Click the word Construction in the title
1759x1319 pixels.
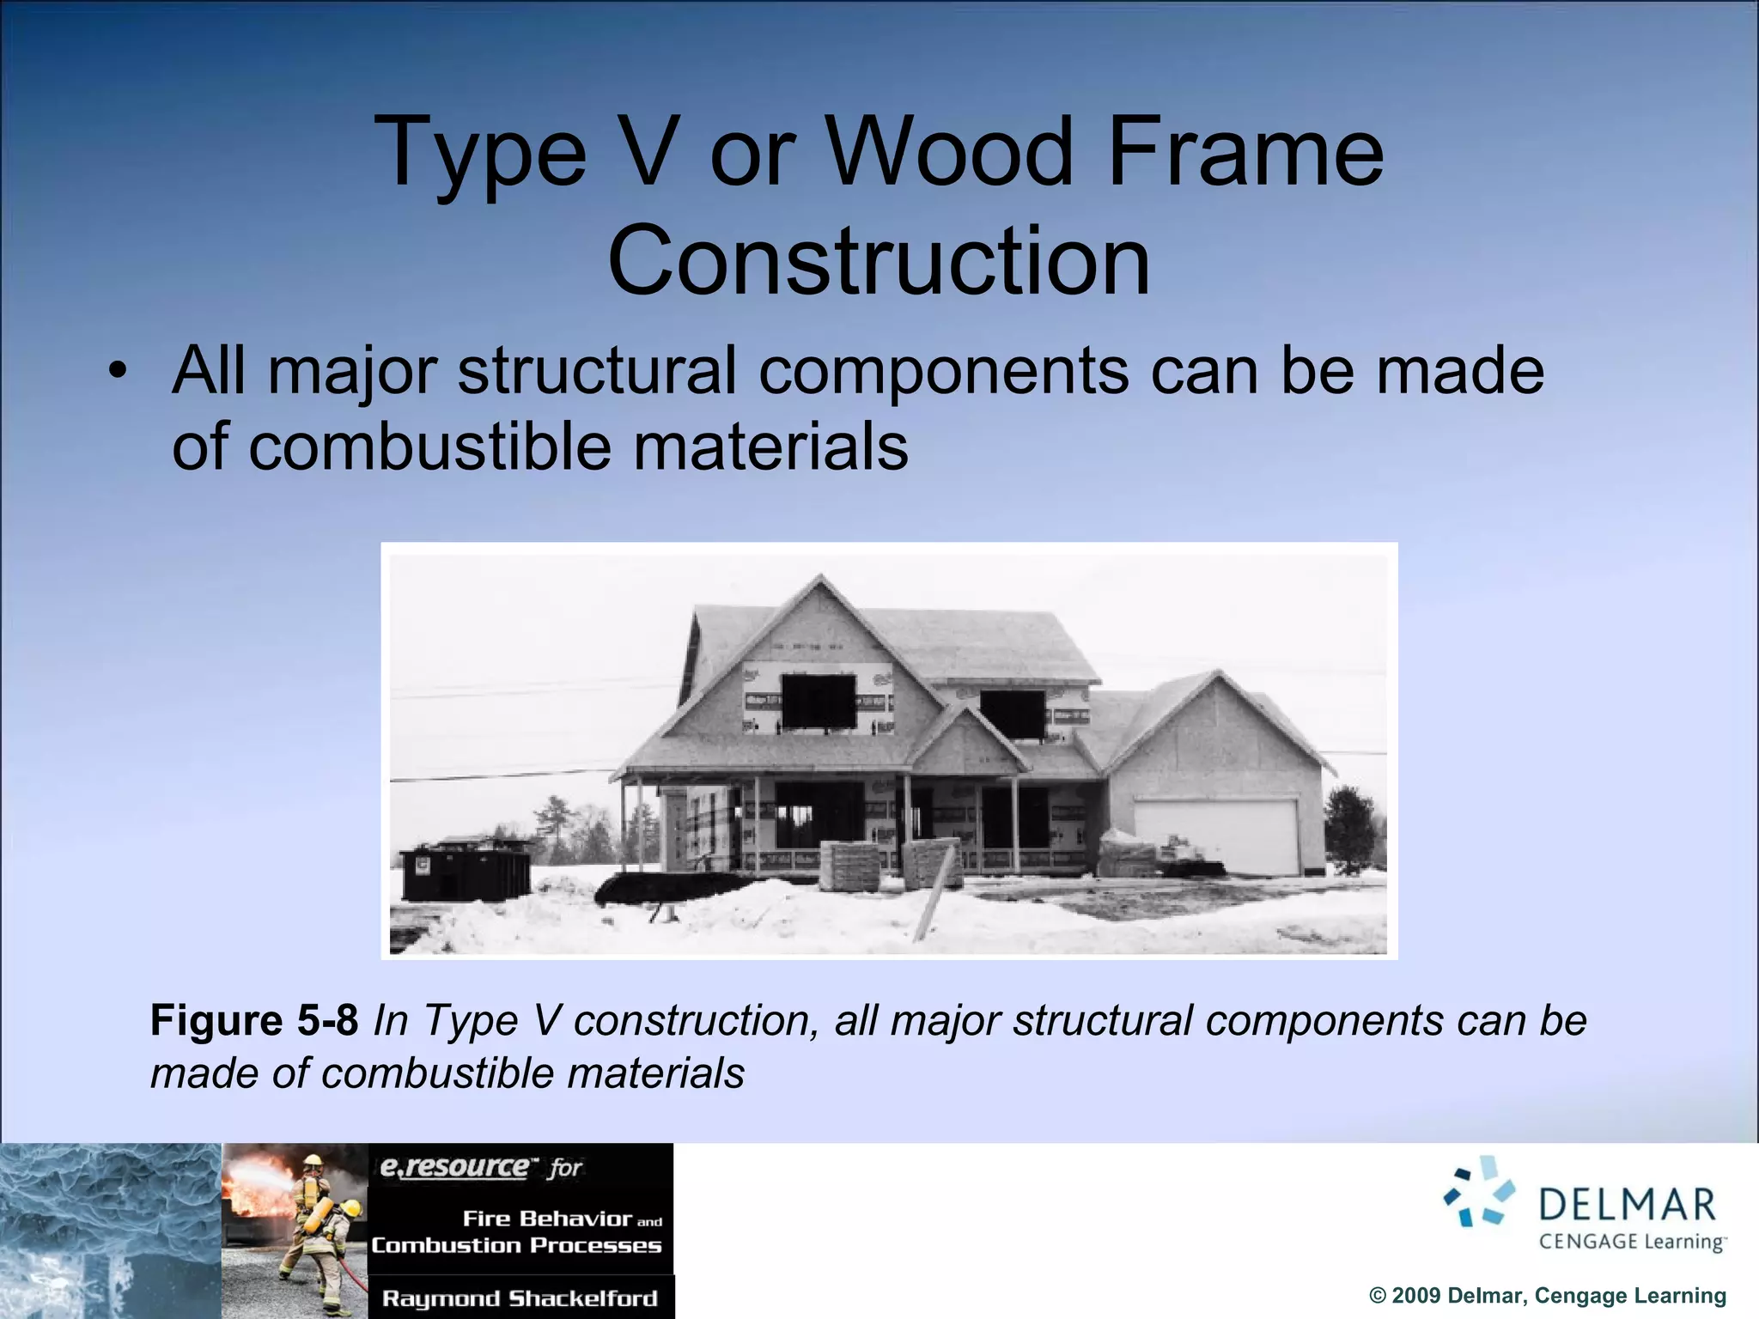pos(879,260)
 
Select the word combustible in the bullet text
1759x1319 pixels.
pos(429,447)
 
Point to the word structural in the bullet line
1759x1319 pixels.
pos(597,371)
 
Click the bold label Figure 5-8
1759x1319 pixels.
pos(254,1021)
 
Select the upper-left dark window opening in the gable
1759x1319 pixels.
pos(819,701)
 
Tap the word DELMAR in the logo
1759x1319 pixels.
pos(1628,1205)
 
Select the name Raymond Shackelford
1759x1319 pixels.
pos(520,1298)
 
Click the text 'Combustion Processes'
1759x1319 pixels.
pos(516,1245)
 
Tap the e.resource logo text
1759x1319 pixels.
pos(455,1167)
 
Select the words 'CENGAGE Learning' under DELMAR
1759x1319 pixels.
pos(1631,1242)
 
